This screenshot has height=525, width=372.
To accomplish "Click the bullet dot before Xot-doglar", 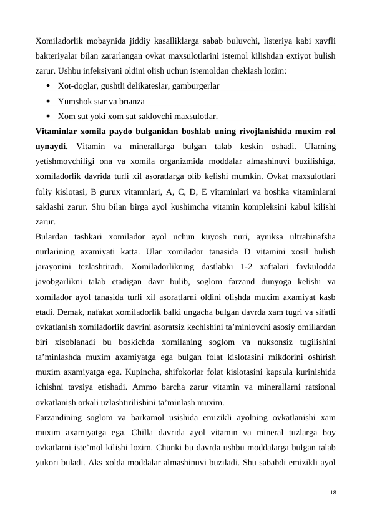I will (x=48, y=85).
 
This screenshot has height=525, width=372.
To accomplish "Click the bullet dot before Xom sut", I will (x=48, y=116).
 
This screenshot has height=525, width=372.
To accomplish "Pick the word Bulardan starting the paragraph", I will (x=55, y=237).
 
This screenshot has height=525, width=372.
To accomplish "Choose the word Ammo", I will (x=147, y=388).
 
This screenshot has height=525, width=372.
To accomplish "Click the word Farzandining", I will (x=63, y=418).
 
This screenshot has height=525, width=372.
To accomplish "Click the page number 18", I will (x=333, y=493).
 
